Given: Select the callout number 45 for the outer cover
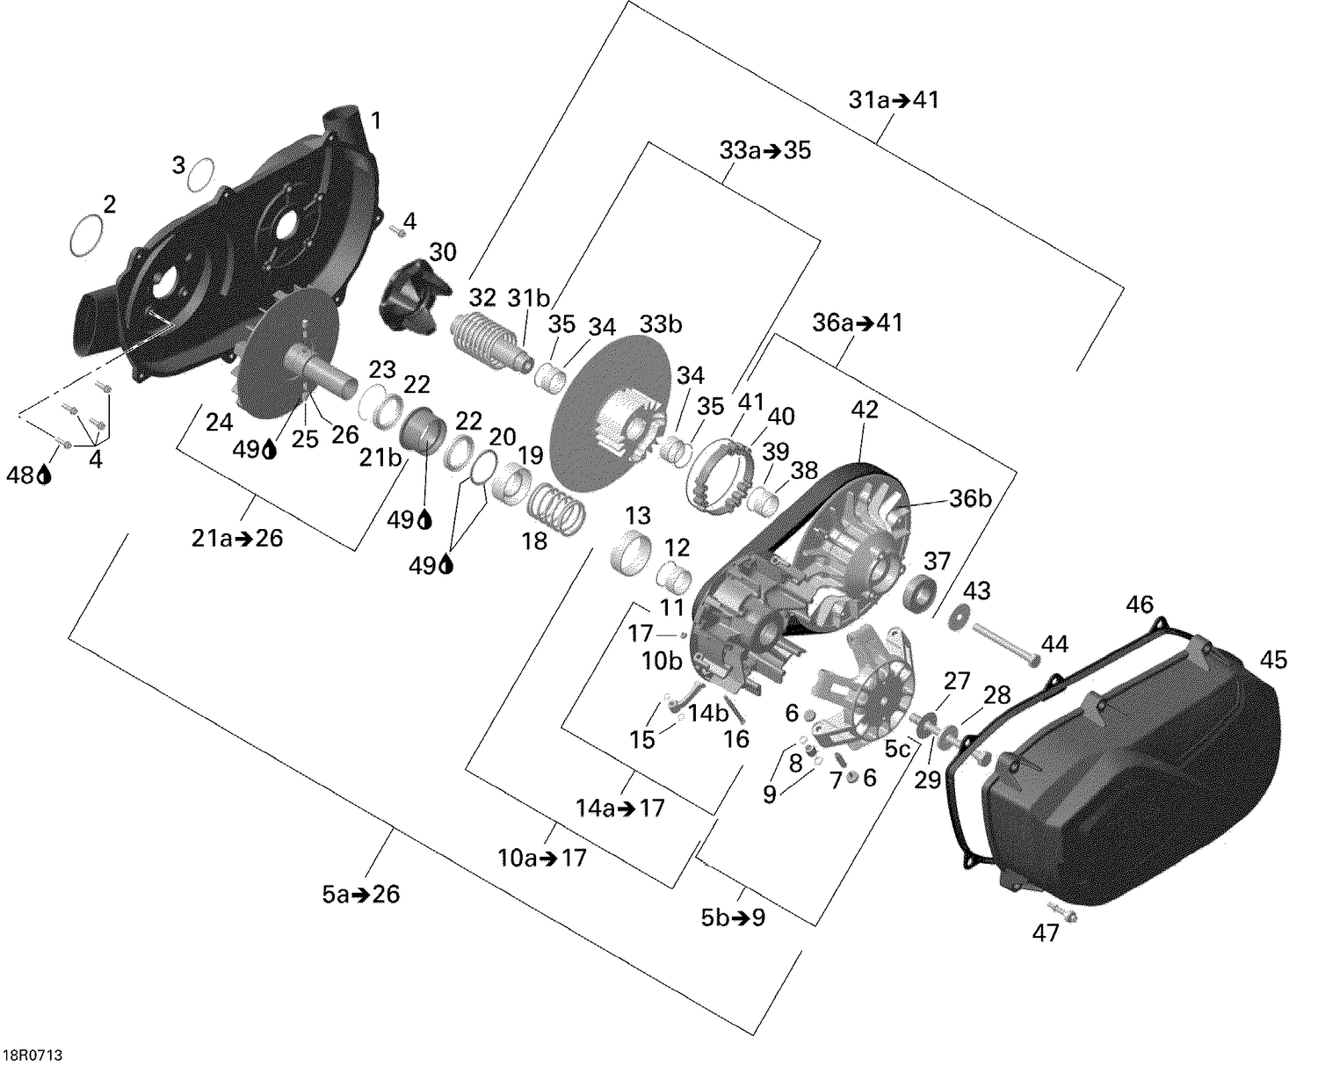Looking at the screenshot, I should (x=1273, y=659).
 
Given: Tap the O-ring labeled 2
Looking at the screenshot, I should (x=86, y=236).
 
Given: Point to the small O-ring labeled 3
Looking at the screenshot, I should (x=200, y=173).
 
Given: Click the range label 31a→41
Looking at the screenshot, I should (x=894, y=100).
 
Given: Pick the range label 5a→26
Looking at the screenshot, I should (x=360, y=895).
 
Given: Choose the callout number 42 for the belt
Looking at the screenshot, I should (x=864, y=410).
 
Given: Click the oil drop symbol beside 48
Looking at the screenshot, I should (x=44, y=475).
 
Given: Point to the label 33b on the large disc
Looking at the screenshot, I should (x=661, y=324).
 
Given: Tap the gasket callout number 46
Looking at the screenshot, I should (x=1140, y=605).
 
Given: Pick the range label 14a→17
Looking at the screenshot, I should (x=620, y=807).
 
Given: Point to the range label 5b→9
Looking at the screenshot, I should (x=733, y=917).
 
